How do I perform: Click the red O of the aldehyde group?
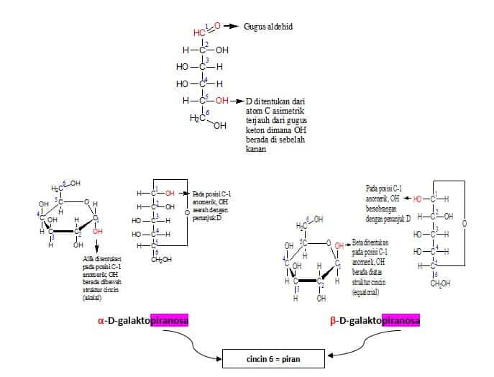point(217,26)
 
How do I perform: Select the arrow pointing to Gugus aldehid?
point(231,26)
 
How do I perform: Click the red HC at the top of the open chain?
point(199,32)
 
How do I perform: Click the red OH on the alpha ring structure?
point(98,231)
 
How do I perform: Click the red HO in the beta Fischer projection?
point(418,199)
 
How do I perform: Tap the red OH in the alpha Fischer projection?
point(169,193)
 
